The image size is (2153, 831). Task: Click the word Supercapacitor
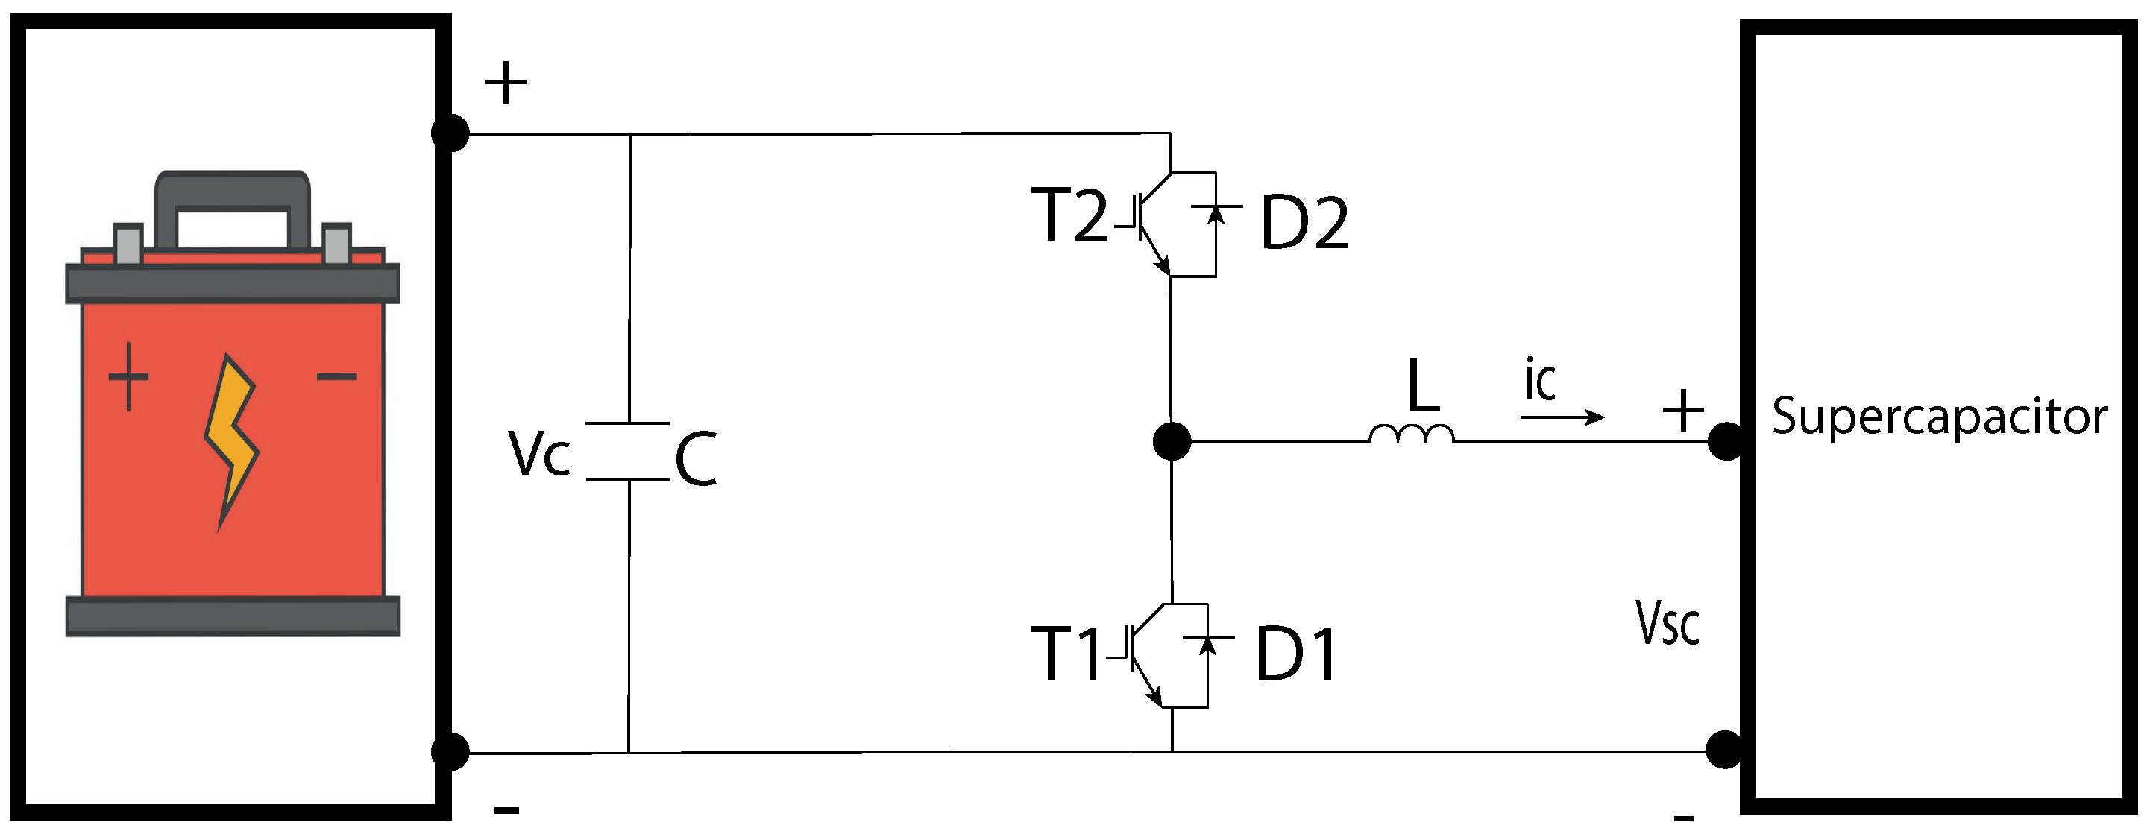(x=1939, y=417)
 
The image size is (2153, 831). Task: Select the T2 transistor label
(x=1069, y=215)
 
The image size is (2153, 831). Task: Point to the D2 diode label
(x=1304, y=223)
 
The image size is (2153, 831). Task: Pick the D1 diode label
(x=1295, y=655)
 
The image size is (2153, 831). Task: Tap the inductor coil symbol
(x=1412, y=435)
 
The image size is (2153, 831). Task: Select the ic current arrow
(x=1562, y=417)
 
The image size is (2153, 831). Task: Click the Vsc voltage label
(x=1668, y=623)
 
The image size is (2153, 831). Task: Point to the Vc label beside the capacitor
(x=539, y=455)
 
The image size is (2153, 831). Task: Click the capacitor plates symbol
(x=628, y=452)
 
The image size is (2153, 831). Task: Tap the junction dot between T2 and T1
(x=1172, y=441)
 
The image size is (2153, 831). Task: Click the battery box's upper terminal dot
(x=450, y=133)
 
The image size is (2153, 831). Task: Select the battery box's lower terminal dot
(x=450, y=751)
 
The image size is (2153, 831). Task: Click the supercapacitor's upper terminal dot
(x=1725, y=441)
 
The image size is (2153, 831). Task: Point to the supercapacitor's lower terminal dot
(x=1724, y=749)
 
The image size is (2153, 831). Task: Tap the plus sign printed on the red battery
(x=129, y=376)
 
